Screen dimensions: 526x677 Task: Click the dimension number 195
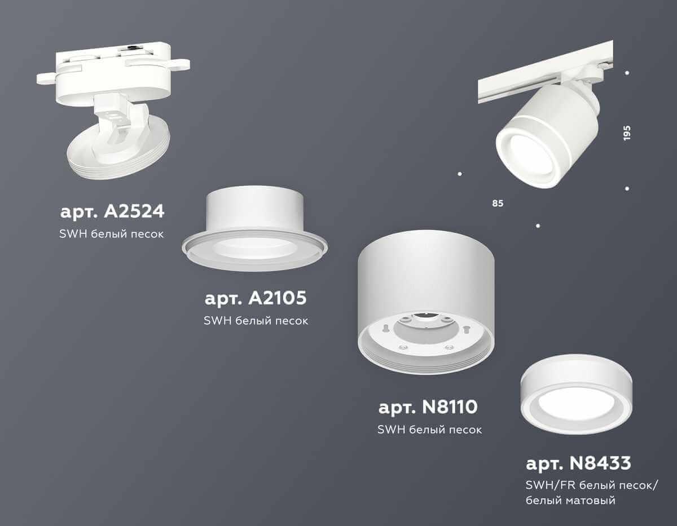point(627,132)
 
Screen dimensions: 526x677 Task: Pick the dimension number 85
point(497,202)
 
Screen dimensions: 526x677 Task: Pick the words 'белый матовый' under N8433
point(570,500)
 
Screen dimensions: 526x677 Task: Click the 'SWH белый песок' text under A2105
point(256,321)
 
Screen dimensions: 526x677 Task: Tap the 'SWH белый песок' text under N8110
point(429,430)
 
